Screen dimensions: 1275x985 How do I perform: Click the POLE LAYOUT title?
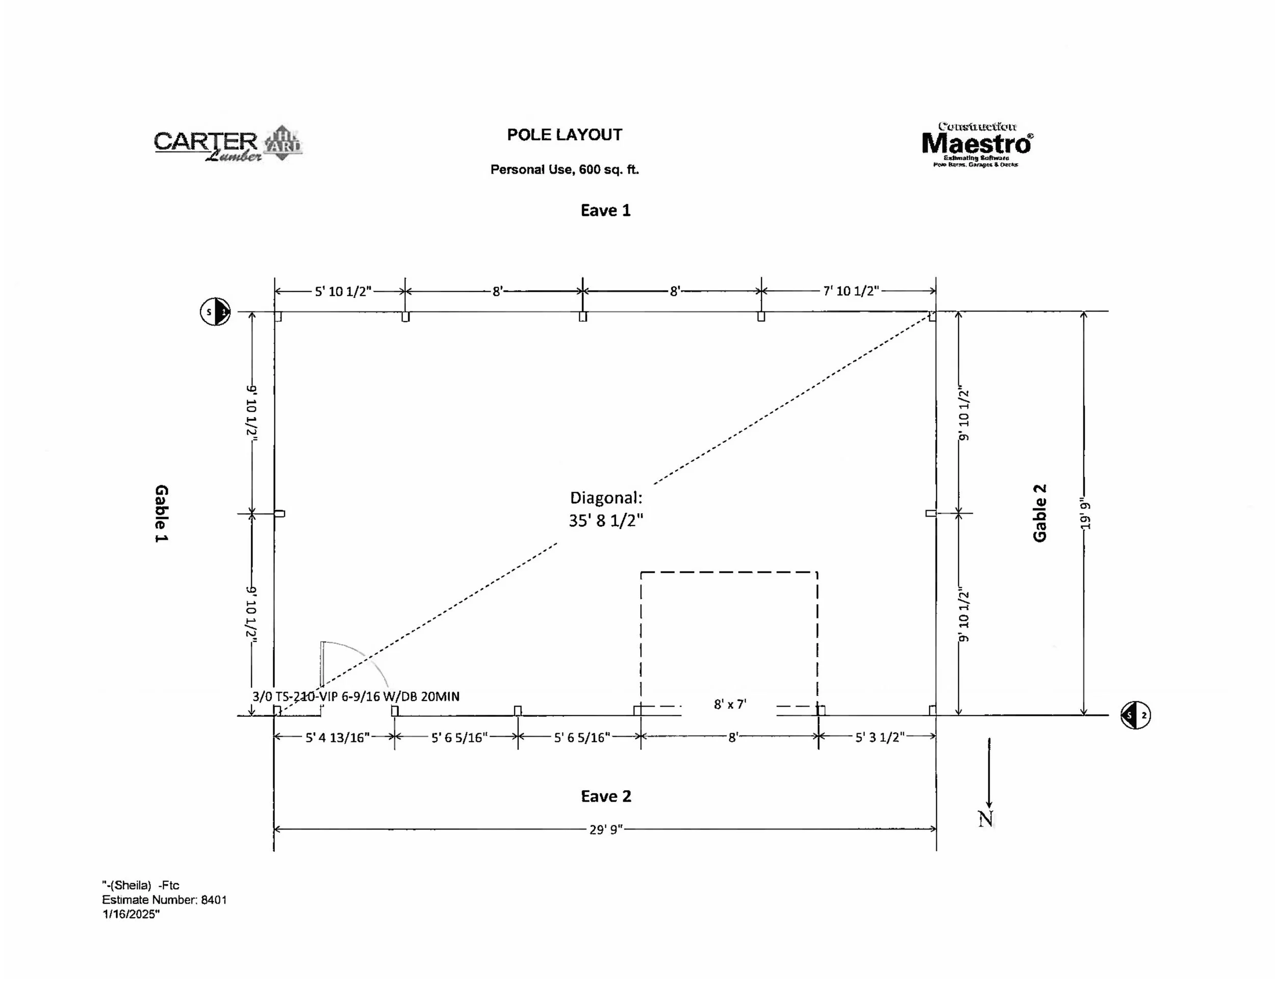pos(564,135)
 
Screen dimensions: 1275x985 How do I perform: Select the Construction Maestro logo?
pos(977,145)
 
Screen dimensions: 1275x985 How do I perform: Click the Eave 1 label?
pos(605,211)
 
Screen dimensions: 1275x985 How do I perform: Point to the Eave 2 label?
pos(606,796)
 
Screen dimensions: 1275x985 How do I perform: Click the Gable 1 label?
pos(161,513)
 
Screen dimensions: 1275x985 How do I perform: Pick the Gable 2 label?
pos(1040,513)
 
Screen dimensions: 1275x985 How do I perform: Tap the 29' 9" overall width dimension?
pos(606,829)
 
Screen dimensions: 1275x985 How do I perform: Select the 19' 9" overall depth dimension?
pos(1085,513)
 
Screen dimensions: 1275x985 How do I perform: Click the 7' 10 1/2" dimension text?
pos(851,291)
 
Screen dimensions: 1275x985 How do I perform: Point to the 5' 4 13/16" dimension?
pos(338,738)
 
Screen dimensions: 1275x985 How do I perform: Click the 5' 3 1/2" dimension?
pos(879,738)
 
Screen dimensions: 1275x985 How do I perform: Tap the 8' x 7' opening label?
pos(730,704)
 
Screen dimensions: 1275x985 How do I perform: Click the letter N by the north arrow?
pos(985,819)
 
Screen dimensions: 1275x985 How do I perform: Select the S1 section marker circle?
pos(215,312)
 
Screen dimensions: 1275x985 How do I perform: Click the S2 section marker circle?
pos(1135,715)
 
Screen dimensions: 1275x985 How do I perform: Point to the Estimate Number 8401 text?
pos(164,900)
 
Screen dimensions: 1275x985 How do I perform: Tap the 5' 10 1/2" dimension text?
pos(343,291)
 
